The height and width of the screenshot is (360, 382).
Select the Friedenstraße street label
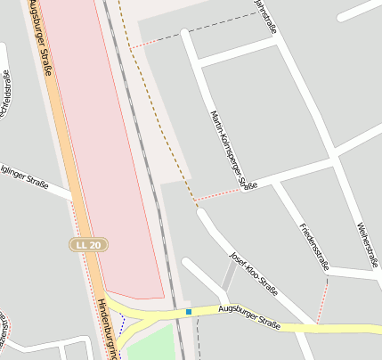[315, 246]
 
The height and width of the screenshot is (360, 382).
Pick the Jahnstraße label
[265, 16]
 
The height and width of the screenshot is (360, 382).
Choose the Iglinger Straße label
[23, 176]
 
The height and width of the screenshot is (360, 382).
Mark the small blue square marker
[189, 312]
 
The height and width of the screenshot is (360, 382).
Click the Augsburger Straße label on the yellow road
[250, 317]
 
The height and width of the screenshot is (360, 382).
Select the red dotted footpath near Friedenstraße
[322, 299]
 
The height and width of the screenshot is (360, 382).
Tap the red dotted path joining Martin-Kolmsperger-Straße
[218, 192]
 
